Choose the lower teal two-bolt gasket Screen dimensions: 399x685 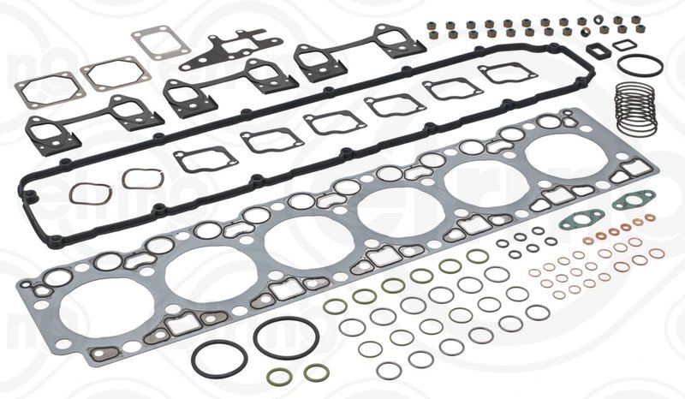coord(578,220)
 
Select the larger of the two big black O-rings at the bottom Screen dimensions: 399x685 coord(286,338)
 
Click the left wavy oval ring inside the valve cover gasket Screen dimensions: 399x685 coord(88,193)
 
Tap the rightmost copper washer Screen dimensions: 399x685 coord(656,253)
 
